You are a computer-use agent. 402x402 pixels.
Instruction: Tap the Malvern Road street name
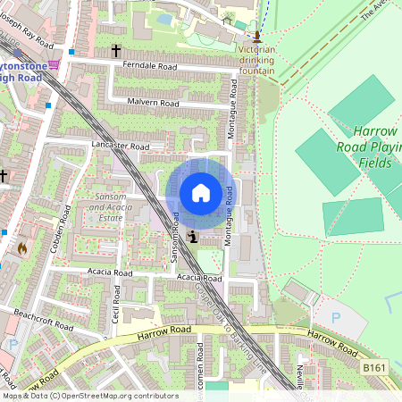tap(153, 104)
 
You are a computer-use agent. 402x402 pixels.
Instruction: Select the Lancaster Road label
tap(119, 145)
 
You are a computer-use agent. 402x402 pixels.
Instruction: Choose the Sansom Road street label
tap(176, 235)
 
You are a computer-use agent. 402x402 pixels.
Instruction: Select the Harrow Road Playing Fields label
tap(368, 147)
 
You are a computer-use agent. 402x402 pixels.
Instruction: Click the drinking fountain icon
tap(257, 37)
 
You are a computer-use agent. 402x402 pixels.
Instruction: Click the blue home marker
tap(201, 193)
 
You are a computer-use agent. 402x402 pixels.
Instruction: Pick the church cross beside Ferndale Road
tap(116, 52)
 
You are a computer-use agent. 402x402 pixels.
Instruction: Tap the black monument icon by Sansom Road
tap(194, 237)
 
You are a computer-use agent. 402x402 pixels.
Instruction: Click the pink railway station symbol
tap(54, 64)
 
